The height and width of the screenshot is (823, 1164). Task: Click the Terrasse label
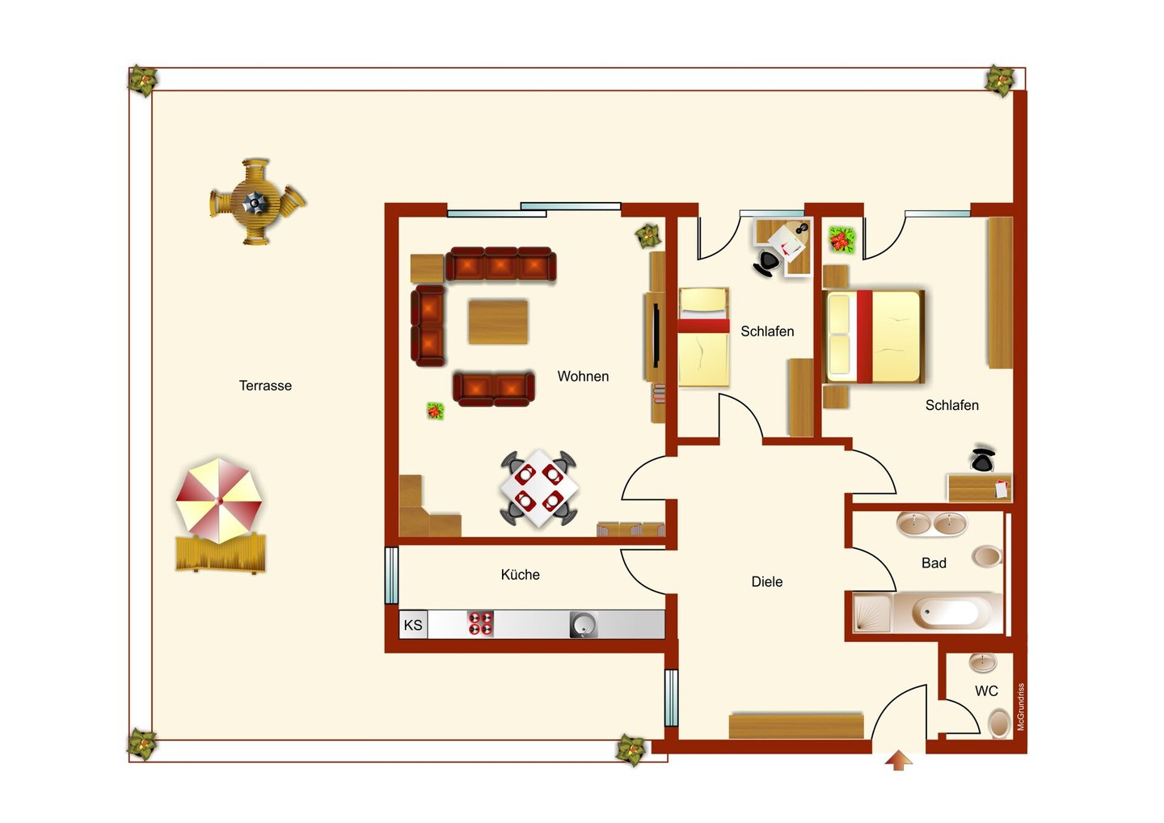(x=265, y=386)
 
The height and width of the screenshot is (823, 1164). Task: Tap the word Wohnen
(x=583, y=376)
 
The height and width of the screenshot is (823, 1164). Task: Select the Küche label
(x=521, y=574)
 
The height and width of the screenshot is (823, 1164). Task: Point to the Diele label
(x=767, y=581)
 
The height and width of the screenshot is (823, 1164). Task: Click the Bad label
(x=934, y=563)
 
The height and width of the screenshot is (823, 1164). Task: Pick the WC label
(x=986, y=691)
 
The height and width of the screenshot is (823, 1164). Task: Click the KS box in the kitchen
(x=413, y=624)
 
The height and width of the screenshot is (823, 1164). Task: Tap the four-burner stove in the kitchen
(x=480, y=623)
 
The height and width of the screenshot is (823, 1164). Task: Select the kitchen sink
(x=584, y=624)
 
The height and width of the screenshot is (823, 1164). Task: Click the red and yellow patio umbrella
(x=219, y=501)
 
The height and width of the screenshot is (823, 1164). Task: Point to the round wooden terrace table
(x=255, y=201)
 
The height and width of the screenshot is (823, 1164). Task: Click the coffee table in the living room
(x=498, y=322)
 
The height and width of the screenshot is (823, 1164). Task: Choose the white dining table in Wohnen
(x=539, y=488)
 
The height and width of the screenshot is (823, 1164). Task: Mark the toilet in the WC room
(x=998, y=724)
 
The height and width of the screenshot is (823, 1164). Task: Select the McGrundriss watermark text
(x=1021, y=707)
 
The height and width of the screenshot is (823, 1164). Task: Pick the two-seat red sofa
(x=494, y=388)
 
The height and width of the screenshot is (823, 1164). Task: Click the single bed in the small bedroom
(x=703, y=337)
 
